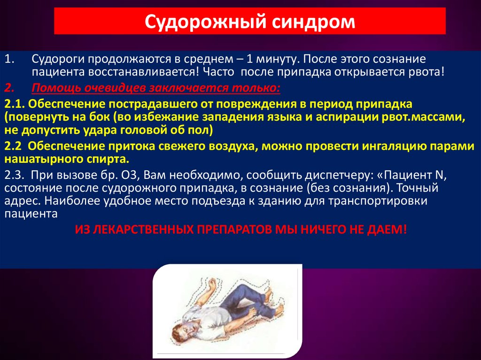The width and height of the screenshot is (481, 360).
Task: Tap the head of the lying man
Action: point(184,332)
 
